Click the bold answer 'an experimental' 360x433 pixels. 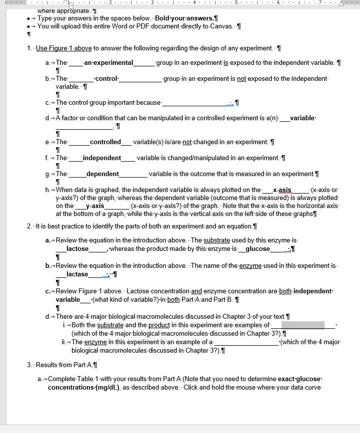[x=109, y=63]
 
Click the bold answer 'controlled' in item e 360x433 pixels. [x=105, y=142]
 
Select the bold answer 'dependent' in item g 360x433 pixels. [x=102, y=174]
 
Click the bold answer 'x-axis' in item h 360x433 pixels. [x=282, y=190]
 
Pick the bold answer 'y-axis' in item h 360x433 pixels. [x=95, y=206]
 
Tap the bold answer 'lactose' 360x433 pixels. [x=77, y=249]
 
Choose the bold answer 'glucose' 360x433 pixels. [x=258, y=249]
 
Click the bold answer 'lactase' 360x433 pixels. [x=77, y=274]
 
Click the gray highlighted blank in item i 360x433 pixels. [x=307, y=325]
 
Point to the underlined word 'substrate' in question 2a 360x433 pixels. [x=217, y=240]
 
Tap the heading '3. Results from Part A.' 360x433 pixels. [x=62, y=365]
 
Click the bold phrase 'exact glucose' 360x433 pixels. [x=300, y=379]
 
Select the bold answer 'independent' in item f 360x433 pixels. [x=102, y=158]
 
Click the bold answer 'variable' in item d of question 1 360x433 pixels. [x=303, y=118]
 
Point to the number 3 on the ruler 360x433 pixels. [x=152, y=3]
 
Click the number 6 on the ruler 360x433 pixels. [x=278, y=3]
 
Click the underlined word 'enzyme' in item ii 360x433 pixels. [x=95, y=342]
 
